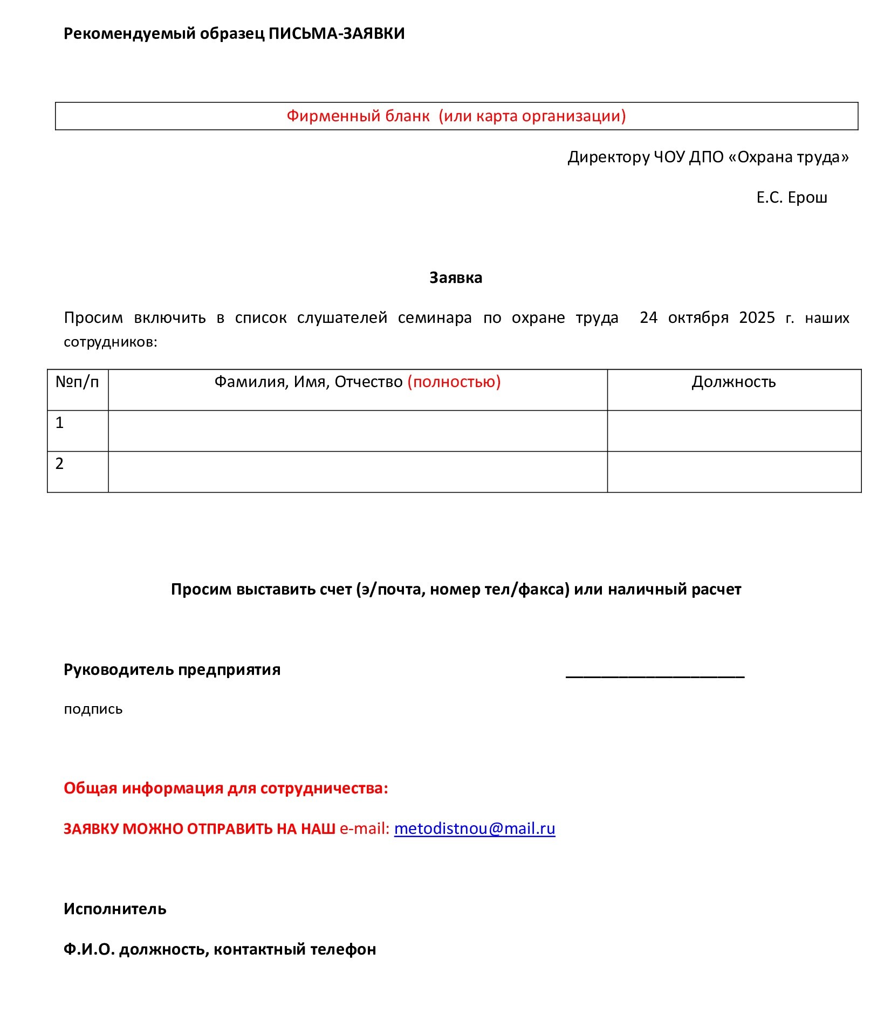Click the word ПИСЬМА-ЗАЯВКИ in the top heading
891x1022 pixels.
point(337,34)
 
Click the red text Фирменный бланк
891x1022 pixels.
point(358,116)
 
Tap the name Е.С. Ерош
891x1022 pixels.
point(791,198)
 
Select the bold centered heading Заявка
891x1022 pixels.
point(456,278)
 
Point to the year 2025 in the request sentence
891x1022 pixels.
point(757,317)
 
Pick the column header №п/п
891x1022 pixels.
point(77,382)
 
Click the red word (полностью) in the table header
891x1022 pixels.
point(454,382)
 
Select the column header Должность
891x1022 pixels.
point(734,382)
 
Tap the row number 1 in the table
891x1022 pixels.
point(60,423)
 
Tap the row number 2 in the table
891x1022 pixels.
point(60,464)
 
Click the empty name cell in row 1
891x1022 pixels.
point(358,431)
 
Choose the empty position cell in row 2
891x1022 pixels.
point(734,472)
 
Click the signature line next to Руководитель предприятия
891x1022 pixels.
point(655,674)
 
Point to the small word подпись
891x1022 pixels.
point(93,709)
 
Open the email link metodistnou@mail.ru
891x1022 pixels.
point(475,828)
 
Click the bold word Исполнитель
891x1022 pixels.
point(115,909)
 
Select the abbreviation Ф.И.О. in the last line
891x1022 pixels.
point(89,949)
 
